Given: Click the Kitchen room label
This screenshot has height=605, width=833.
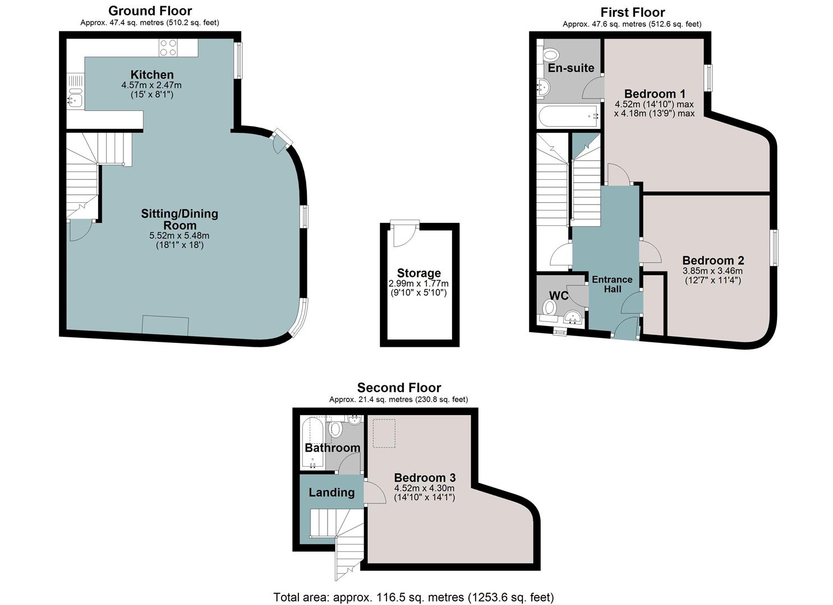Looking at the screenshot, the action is (x=151, y=75).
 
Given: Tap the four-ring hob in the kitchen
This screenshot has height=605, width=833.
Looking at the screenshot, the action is (x=168, y=48).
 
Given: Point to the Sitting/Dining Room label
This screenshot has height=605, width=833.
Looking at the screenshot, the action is (x=180, y=220).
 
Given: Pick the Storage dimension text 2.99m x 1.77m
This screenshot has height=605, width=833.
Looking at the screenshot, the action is (x=418, y=283).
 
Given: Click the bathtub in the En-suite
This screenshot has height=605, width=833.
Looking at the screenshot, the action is (x=568, y=117).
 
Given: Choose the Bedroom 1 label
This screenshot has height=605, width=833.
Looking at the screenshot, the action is (x=655, y=93).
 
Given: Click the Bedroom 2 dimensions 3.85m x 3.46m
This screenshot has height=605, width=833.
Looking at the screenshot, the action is (x=712, y=271).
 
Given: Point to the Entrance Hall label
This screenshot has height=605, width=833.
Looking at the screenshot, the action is (x=612, y=284).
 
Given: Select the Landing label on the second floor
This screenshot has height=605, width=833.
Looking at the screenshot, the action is (x=332, y=492).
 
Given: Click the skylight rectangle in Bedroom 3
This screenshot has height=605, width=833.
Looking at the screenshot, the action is (x=384, y=433).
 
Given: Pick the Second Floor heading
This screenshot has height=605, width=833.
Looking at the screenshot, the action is (x=399, y=387).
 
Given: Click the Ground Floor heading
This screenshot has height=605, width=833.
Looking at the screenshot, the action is (x=150, y=11).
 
